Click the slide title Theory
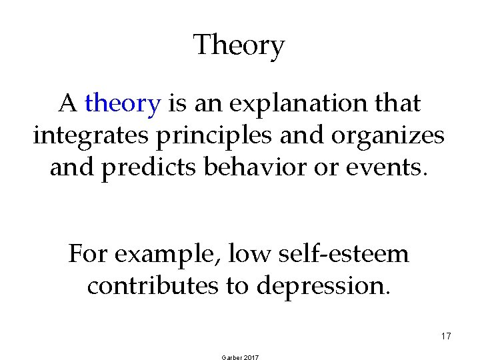point(239,46)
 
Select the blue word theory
point(123,103)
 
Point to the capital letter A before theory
point(67,103)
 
